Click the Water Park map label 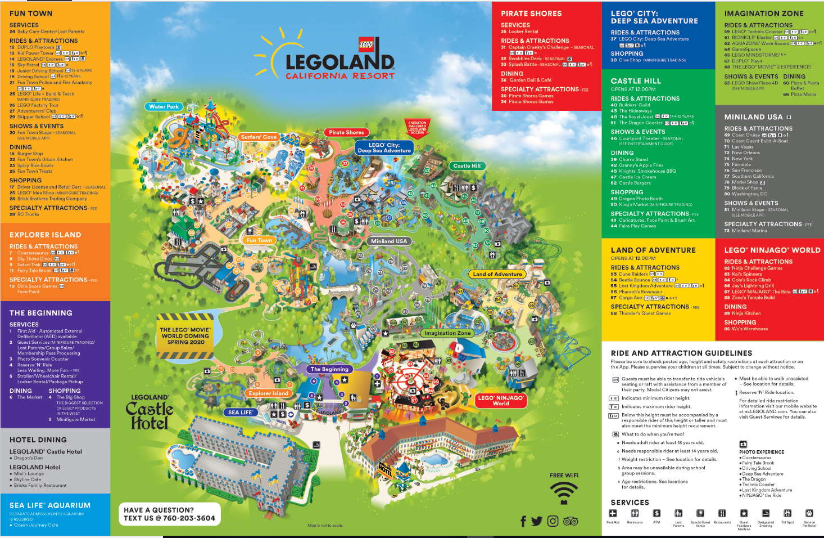click(164, 106)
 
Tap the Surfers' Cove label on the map click(259, 137)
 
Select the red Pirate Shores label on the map click(346, 132)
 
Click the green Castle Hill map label click(467, 165)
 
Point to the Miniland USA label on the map click(389, 241)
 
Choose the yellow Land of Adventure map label click(497, 274)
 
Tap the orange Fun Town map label click(259, 240)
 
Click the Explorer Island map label click(268, 393)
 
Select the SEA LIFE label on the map click(240, 413)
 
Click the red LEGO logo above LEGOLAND click(366, 44)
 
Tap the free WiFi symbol click(563, 493)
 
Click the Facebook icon click(523, 521)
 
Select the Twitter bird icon click(537, 521)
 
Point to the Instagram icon click(553, 521)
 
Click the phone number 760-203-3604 click(189, 518)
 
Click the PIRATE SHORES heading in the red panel click(531, 14)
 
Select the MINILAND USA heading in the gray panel click(753, 117)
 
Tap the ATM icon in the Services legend click(657, 513)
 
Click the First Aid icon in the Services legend click(613, 513)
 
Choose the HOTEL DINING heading click(38, 440)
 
